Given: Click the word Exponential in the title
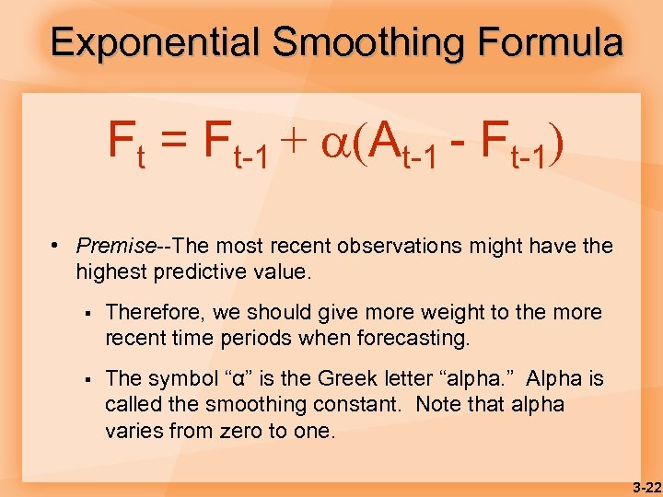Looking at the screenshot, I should click(155, 42).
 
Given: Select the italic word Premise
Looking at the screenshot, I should click(115, 246).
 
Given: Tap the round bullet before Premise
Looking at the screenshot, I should click(56, 246).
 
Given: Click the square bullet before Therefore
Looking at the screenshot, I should click(84, 313).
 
